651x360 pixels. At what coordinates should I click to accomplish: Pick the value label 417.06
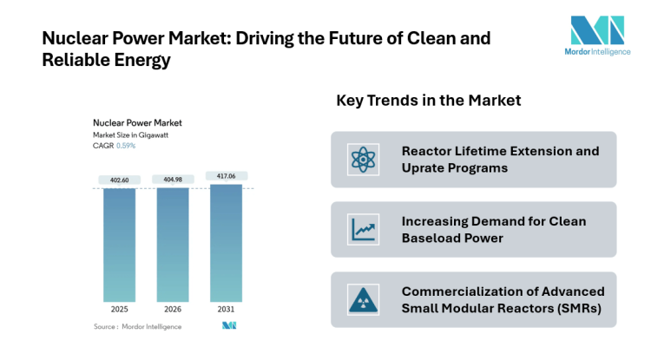[x=226, y=176]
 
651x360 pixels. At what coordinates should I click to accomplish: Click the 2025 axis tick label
[x=119, y=309]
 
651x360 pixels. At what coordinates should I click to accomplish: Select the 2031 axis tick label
[x=226, y=309]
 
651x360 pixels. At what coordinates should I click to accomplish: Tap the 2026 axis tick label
[x=173, y=309]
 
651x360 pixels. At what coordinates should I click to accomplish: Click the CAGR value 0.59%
[x=126, y=146]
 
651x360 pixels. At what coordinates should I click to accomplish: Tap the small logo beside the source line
[x=229, y=326]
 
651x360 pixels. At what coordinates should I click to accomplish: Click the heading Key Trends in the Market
[x=428, y=101]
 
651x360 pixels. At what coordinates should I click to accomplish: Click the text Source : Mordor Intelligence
[x=138, y=326]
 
